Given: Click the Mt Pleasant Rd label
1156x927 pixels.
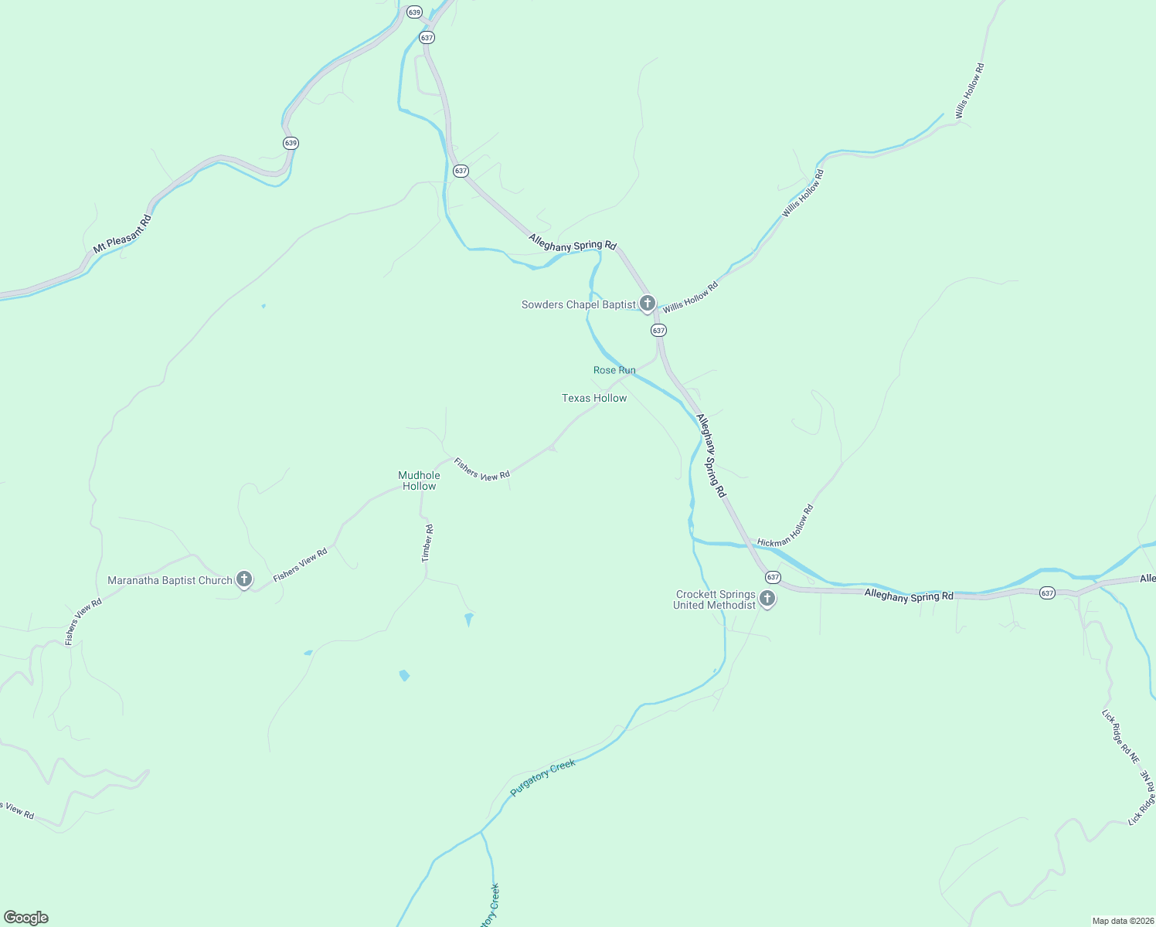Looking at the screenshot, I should pyautogui.click(x=122, y=235).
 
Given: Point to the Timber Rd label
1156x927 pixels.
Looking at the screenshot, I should pyautogui.click(x=427, y=543).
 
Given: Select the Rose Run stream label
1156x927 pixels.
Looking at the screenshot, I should pyautogui.click(x=614, y=370).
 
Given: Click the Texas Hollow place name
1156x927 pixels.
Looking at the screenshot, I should pyautogui.click(x=594, y=398).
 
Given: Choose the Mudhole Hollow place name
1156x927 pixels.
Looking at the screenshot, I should pyautogui.click(x=420, y=480).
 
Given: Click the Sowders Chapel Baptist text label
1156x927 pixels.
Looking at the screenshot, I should pyautogui.click(x=578, y=304).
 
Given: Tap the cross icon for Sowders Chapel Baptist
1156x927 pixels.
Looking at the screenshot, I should pyautogui.click(x=648, y=304).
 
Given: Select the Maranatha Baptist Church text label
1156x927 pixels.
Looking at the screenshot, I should pyautogui.click(x=170, y=580).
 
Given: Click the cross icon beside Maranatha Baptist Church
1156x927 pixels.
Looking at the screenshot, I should pyautogui.click(x=244, y=579).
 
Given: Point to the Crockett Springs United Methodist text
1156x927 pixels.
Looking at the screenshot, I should pyautogui.click(x=715, y=599).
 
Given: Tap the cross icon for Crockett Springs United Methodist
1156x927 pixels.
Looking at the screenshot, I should pyautogui.click(x=767, y=598).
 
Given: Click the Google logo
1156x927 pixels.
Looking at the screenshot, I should pyautogui.click(x=25, y=918).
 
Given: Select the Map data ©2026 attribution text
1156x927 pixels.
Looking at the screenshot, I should pyautogui.click(x=1123, y=921).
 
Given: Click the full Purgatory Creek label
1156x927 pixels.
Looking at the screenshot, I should pyautogui.click(x=543, y=778).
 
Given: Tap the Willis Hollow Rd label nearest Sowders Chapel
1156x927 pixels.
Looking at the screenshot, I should pyautogui.click(x=690, y=297).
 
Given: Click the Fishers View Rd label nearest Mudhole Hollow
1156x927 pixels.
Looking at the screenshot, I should pyautogui.click(x=481, y=470).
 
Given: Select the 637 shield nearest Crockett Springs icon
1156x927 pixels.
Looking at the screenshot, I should pyautogui.click(x=773, y=577).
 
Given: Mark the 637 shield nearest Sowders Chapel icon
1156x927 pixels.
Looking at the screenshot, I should pyautogui.click(x=658, y=330).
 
